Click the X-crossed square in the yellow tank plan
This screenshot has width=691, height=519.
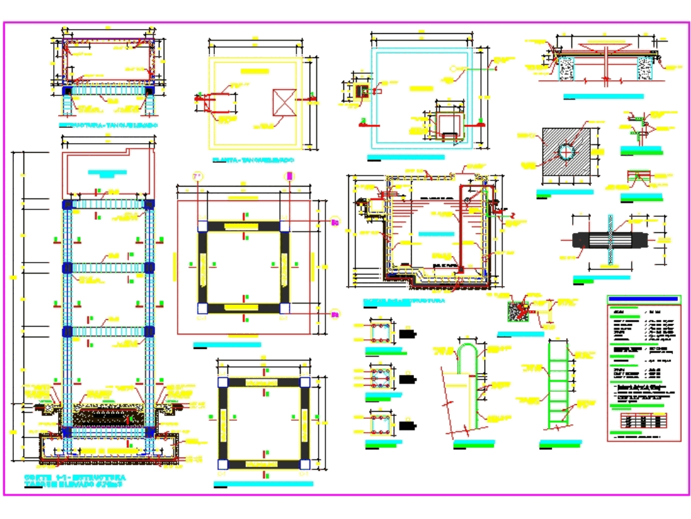[284, 103]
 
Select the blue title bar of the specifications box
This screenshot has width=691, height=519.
[643, 299]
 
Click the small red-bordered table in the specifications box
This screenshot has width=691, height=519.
[643, 420]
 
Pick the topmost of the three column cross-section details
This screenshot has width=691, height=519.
[380, 331]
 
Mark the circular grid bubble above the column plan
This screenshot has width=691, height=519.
[198, 178]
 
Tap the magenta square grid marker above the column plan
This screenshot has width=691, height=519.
[290, 177]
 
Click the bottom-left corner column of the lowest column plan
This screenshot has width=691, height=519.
[223, 464]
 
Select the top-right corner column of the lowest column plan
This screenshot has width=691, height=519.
[305, 382]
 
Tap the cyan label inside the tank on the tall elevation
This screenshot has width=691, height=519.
[107, 171]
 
